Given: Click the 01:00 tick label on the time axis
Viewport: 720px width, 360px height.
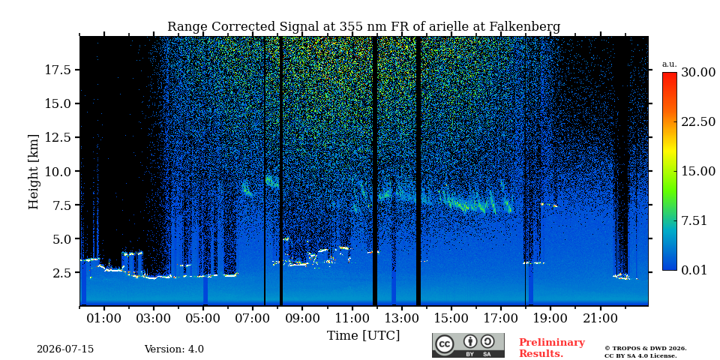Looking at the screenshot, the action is pos(104,318).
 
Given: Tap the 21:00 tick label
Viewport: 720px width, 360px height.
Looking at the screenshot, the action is pos(598,318).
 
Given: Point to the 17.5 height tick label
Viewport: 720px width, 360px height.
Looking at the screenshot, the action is pos(58,70).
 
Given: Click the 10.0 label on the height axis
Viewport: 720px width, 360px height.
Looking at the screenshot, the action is pos(58,171).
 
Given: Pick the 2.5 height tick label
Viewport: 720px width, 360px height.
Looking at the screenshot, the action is pos(61,273).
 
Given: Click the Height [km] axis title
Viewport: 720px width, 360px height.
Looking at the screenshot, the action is pos(34,172).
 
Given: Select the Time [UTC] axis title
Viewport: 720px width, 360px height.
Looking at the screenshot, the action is pos(363,336).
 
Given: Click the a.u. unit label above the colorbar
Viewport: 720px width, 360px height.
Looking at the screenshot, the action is pos(669,64).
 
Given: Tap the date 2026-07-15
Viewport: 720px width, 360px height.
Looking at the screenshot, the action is pos(65,349).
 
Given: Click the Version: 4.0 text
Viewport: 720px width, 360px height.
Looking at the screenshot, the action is pos(174,349).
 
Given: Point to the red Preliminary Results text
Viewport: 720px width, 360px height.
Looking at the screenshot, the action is pos(552,348).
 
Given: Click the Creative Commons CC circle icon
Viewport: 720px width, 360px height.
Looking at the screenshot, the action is pos(445,345).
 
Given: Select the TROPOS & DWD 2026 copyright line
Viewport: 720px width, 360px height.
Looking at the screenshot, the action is pos(645,349).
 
